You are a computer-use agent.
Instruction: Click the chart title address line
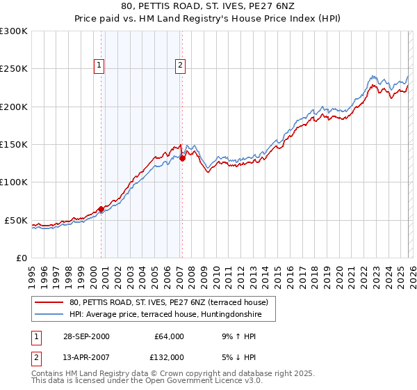[208, 8]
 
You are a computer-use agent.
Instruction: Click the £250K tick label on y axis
[13, 69]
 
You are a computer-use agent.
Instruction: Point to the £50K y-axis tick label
[16, 220]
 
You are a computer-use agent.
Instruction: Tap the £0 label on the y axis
[22, 258]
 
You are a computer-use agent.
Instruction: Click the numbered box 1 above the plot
[99, 66]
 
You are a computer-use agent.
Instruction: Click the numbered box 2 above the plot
[180, 66]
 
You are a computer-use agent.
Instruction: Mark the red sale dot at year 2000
[101, 209]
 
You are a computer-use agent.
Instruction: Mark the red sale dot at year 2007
[182, 158]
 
